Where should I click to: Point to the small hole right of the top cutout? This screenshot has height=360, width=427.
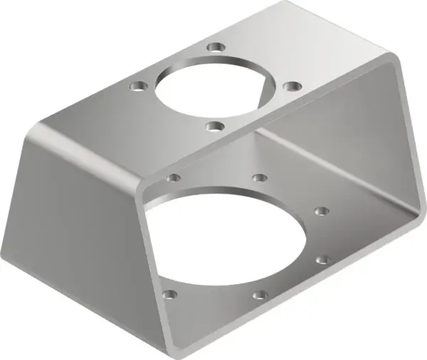pos(290,85)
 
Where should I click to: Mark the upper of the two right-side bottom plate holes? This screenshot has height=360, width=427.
pos(322,211)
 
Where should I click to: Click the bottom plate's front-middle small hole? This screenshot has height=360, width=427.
pos(259,292)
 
